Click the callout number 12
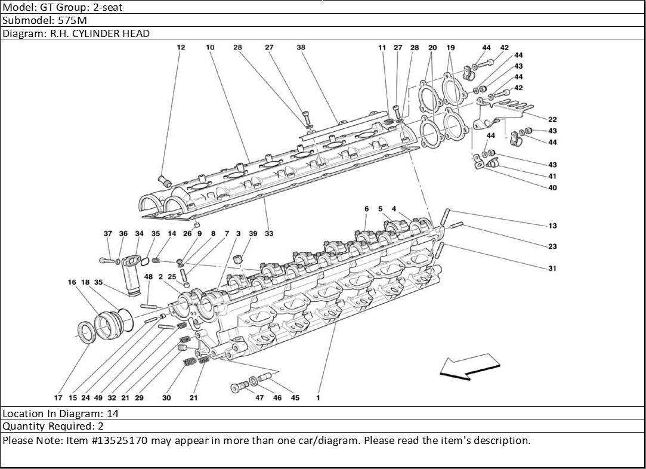[181, 47]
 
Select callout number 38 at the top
[301, 47]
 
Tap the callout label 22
[552, 119]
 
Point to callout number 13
[552, 226]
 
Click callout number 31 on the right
[552, 269]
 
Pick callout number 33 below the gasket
[269, 234]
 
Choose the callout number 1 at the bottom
[318, 397]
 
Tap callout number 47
[260, 397]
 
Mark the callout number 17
[58, 397]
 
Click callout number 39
[254, 234]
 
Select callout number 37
[108, 234]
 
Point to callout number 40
[552, 188]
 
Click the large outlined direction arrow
[469, 365]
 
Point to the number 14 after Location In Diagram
[113, 413]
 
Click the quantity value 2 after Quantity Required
[101, 426]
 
